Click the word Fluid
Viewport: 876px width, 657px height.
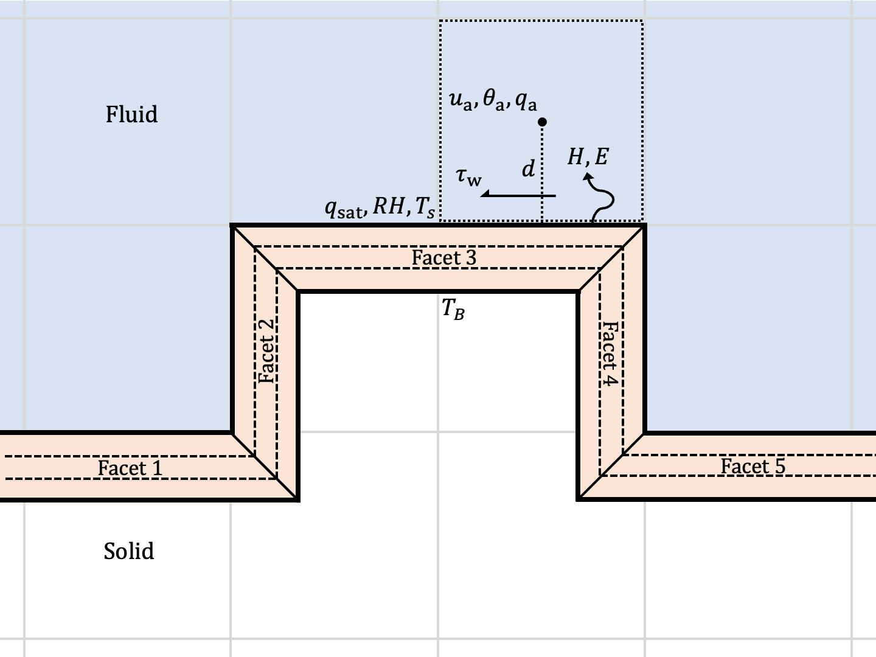131,114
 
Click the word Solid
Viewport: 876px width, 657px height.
129,551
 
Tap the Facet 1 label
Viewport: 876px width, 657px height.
130,468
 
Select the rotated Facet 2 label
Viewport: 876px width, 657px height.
266,352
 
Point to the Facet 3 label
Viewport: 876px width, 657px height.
444,258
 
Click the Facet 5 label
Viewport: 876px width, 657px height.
753,466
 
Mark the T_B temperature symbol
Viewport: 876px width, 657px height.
453,310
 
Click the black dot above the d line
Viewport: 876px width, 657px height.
543,122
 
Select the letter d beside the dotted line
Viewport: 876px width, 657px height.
528,169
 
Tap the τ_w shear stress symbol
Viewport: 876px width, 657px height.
468,177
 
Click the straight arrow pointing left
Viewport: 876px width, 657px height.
518,195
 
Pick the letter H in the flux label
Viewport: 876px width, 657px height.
575,158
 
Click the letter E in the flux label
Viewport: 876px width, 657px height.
601,158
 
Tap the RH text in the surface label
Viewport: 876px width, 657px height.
388,207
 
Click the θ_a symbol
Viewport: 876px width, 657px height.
493,100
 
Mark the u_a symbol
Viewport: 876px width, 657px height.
461,100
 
